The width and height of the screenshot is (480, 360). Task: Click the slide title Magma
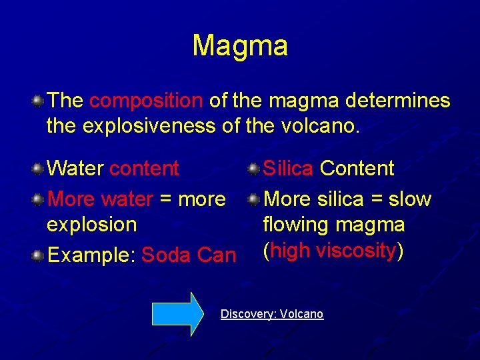tap(240, 46)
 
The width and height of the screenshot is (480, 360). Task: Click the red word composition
tap(145, 101)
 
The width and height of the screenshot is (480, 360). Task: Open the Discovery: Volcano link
tap(272, 314)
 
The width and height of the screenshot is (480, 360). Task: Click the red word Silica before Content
tap(288, 169)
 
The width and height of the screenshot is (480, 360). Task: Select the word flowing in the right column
tap(297, 225)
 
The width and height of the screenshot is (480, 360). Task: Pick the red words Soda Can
tap(189, 255)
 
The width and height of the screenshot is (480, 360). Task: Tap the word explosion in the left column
tap(91, 225)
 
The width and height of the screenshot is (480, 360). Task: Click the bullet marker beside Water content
tap(39, 169)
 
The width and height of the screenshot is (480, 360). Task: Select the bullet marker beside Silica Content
tap(254, 169)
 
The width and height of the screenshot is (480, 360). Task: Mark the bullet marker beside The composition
tap(39, 101)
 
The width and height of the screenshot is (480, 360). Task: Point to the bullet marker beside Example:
tap(39, 255)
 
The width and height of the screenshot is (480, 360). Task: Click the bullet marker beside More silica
tap(254, 199)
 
